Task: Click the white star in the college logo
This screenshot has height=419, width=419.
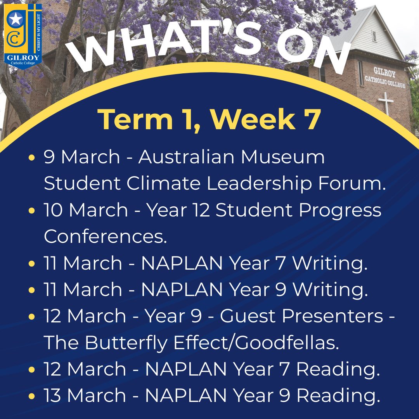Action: tap(15, 19)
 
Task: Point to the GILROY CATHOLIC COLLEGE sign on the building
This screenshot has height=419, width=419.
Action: tap(385, 78)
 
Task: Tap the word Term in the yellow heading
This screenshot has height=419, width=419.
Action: tap(135, 119)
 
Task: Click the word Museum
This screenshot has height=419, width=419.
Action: tap(283, 157)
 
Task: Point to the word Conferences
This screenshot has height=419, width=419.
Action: tap(105, 236)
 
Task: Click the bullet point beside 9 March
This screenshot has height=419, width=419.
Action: tap(31, 158)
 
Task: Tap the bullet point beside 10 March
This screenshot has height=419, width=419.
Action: tap(31, 211)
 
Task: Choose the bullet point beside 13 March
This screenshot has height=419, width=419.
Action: tap(31, 396)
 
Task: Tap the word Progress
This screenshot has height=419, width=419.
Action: tap(340, 210)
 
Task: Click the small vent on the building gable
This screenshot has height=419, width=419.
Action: tap(374, 36)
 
